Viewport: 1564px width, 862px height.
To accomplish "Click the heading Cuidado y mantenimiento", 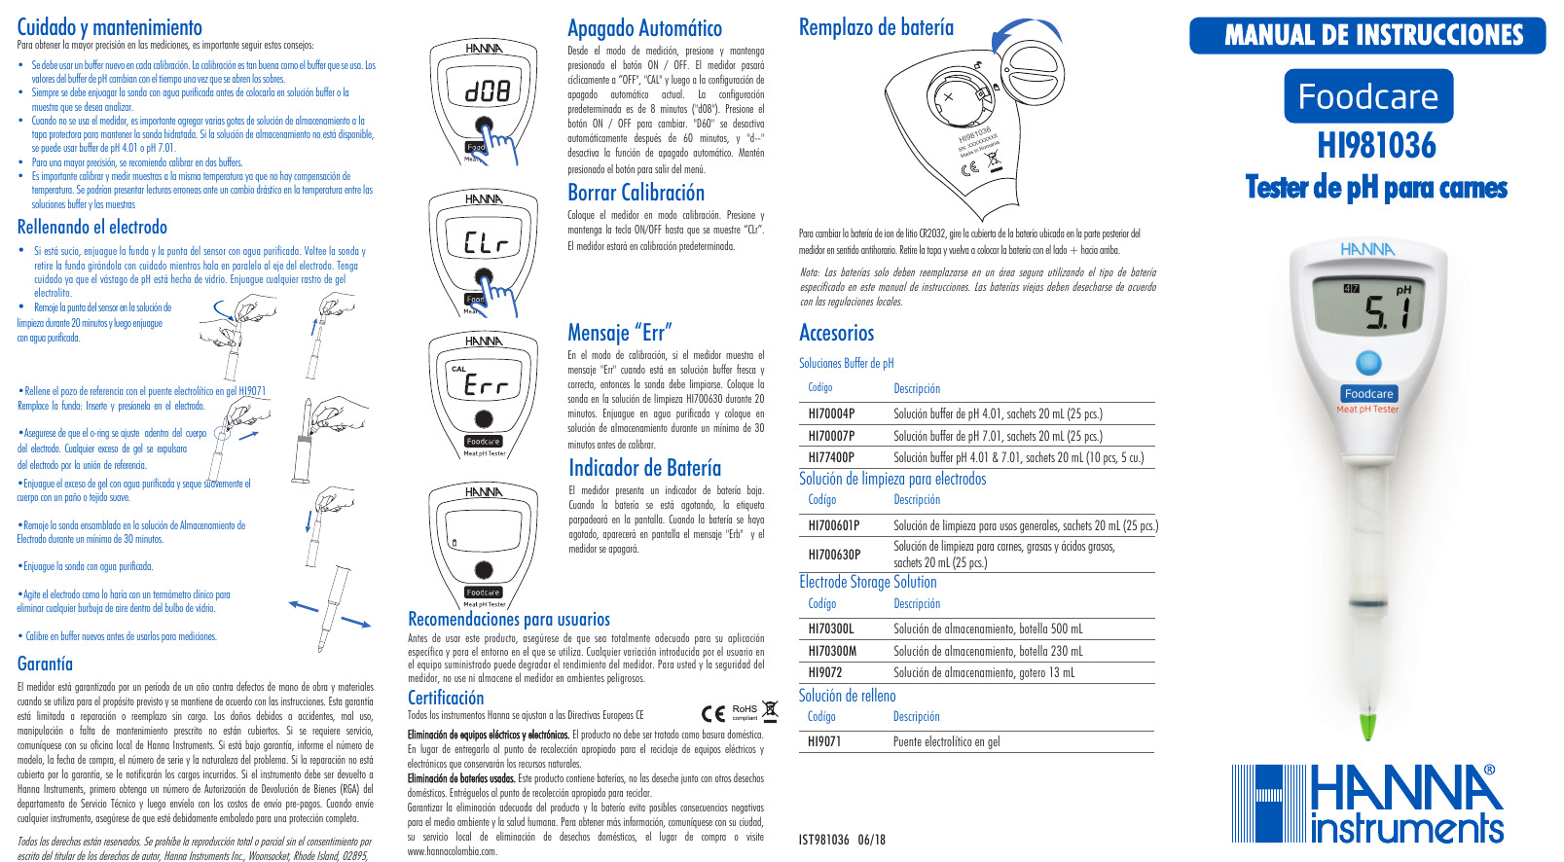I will pos(109,27).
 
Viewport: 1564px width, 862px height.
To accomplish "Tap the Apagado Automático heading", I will pos(644,28).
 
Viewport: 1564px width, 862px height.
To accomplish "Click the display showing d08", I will pos(485,91).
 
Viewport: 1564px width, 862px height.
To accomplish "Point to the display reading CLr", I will pos(485,241).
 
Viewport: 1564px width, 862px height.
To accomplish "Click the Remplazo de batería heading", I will pos(876,27).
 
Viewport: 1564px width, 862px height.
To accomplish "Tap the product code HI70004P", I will pos(831,413).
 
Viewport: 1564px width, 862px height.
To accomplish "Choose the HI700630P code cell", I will pos(834,555).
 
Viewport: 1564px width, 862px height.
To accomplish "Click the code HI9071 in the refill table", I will pos(824,741).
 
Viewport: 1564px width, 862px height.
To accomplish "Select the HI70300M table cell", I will pos(832,651).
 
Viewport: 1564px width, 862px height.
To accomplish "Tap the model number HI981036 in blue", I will pos(1376,146).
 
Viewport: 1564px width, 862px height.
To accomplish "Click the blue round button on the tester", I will pos(1368,363).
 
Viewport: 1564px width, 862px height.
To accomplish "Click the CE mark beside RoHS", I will pos(713,713).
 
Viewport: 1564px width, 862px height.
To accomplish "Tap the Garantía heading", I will pos(45,664).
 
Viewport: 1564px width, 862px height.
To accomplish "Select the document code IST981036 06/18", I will pos(842,840).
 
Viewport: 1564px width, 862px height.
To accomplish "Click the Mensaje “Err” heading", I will pos(619,333).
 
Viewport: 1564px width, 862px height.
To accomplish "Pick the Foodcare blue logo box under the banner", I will pos(1367,96).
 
